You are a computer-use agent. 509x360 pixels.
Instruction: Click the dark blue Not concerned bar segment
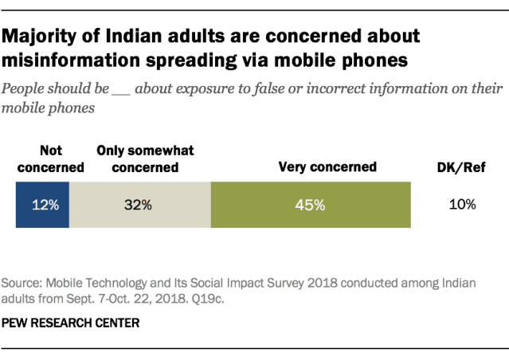coord(42,205)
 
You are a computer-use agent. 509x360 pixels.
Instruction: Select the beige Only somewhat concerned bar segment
coord(139,205)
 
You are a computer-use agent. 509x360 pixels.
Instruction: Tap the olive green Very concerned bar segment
coord(311,205)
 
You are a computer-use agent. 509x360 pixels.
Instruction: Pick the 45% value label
coord(311,205)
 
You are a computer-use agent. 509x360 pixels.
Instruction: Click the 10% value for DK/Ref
coord(462,205)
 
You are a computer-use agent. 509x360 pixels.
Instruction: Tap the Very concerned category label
coord(327,167)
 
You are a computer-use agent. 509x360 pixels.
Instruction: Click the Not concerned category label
coord(49,159)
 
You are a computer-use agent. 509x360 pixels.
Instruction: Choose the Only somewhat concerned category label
coord(145,159)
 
